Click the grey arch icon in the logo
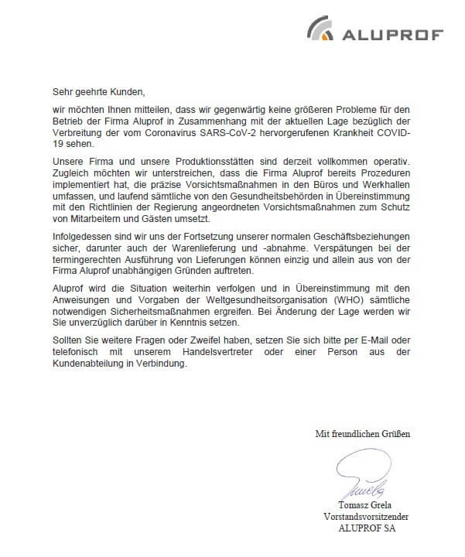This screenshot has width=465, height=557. tap(320, 29)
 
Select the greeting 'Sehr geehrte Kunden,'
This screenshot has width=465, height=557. tap(98, 92)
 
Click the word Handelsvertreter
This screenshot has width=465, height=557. tap(247, 352)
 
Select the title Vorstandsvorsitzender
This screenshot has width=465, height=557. tap(366, 517)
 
